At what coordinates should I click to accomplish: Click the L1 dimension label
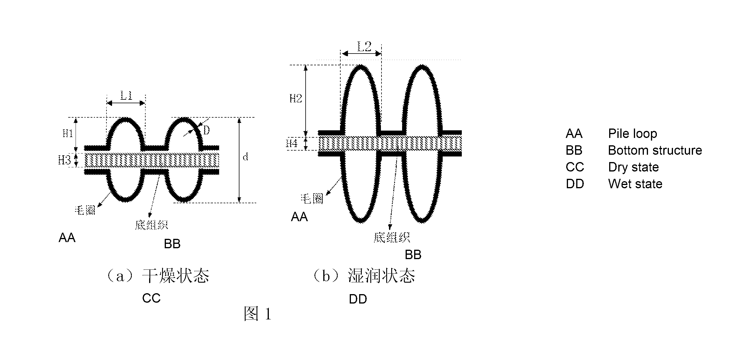coord(126,95)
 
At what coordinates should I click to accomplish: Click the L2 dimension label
coord(364,46)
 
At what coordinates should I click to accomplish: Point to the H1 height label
coord(68,133)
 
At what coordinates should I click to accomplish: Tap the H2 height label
coord(296,98)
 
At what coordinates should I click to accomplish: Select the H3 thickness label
coord(64,160)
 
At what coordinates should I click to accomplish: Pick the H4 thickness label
coord(291,143)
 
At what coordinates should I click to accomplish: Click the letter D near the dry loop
coord(206,130)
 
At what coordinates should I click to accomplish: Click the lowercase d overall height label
coord(245,157)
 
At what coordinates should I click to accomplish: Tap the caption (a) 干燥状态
coord(158,276)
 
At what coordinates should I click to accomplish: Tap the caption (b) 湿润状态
coord(364,276)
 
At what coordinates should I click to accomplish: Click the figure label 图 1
coord(258,314)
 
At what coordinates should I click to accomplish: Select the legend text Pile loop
coord(632,134)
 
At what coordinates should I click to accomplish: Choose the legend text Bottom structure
coord(655,150)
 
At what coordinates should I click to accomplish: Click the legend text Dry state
coord(633,167)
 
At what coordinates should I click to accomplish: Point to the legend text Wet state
coord(635,184)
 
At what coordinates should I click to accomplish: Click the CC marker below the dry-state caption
coord(151,298)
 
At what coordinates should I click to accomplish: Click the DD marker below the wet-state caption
coord(358,299)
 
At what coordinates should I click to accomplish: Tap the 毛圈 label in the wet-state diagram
coord(312,199)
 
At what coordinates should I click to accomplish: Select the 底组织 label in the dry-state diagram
coord(151,225)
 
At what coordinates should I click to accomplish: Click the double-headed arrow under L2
coord(361,54)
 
